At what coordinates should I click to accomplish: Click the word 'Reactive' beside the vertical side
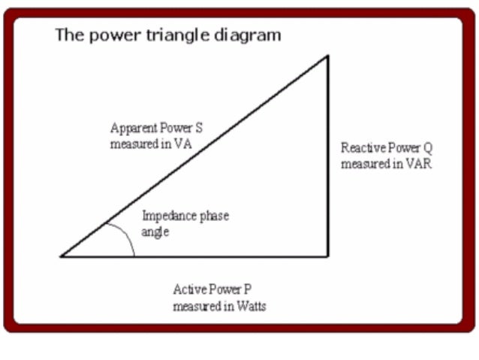(x=362, y=148)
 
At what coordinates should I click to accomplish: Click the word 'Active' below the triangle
(x=188, y=289)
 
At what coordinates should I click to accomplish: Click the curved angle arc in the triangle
(x=128, y=237)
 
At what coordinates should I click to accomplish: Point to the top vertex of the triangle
(x=327, y=56)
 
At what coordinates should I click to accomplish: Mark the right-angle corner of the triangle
(x=327, y=256)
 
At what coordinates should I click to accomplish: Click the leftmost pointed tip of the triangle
(x=62, y=256)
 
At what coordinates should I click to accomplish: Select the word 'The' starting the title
(x=68, y=35)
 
